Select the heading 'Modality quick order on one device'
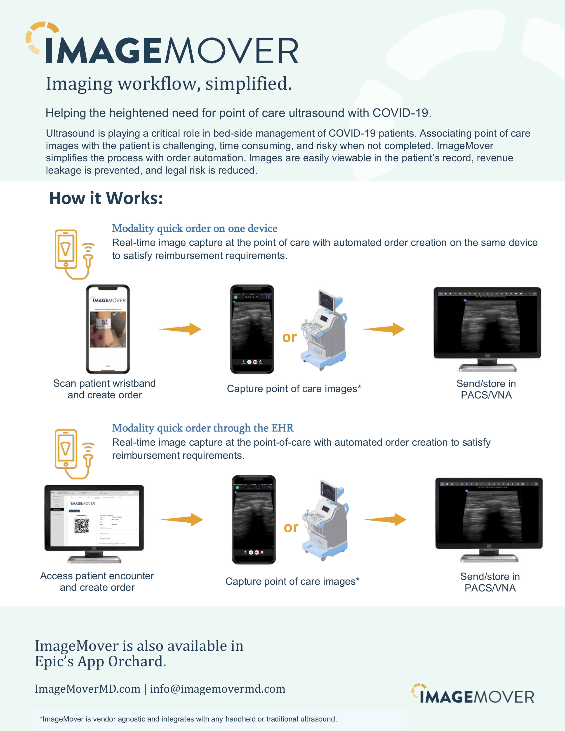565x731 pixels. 194,228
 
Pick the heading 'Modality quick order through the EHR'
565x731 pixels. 202,428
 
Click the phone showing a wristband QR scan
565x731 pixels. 108,329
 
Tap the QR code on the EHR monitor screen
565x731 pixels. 81,525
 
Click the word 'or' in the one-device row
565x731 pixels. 290,337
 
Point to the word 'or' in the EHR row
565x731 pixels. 291,527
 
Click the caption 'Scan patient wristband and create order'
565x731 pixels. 104,389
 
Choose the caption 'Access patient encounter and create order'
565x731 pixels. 97,581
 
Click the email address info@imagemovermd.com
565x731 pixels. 218,689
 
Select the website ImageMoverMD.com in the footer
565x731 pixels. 88,689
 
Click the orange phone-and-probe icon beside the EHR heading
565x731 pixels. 74,454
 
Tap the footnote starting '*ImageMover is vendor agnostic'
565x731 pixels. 188,719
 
